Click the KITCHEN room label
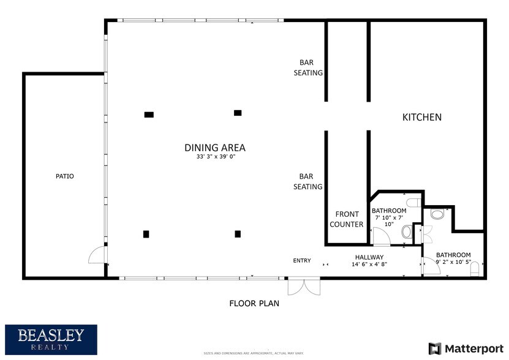tap(421, 117)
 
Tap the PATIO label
tap(64, 176)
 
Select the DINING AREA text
tap(215, 148)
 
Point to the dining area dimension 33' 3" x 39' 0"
tap(215, 157)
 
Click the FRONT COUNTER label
tap(346, 219)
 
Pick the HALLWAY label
tap(369, 257)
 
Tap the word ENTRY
tap(302, 261)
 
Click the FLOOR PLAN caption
tap(254, 303)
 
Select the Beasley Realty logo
tap(51, 339)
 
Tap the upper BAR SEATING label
tap(311, 67)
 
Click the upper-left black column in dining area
tap(149, 114)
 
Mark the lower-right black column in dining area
tap(238, 234)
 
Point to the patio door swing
tap(97, 255)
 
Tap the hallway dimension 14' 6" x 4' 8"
tap(369, 264)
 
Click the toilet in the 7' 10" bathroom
tap(407, 232)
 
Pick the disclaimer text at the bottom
tap(254, 353)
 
